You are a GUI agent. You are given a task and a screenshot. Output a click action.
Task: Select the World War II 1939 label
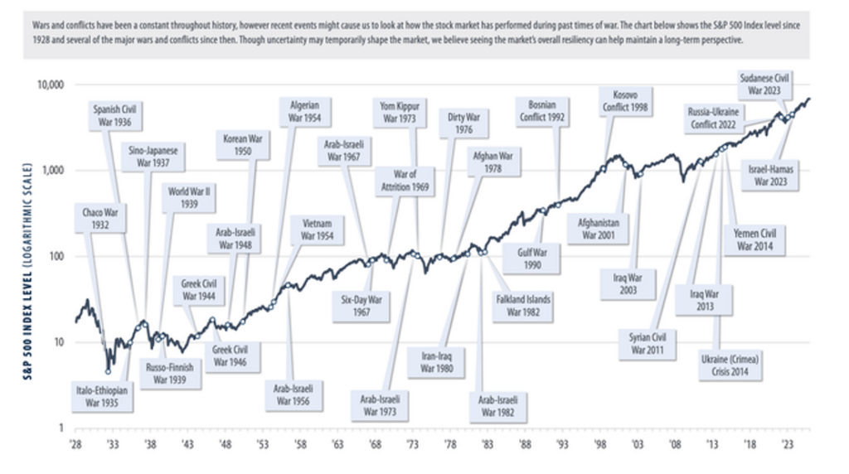coord(189,196)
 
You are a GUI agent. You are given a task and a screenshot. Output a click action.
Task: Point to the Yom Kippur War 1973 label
coord(400,113)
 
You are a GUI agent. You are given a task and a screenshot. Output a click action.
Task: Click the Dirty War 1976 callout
coord(464,123)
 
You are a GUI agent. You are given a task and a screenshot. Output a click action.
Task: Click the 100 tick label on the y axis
coord(56,256)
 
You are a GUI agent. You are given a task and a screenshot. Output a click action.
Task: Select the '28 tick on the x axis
coord(75,444)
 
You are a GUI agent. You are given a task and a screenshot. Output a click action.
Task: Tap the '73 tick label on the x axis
coord(412,444)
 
